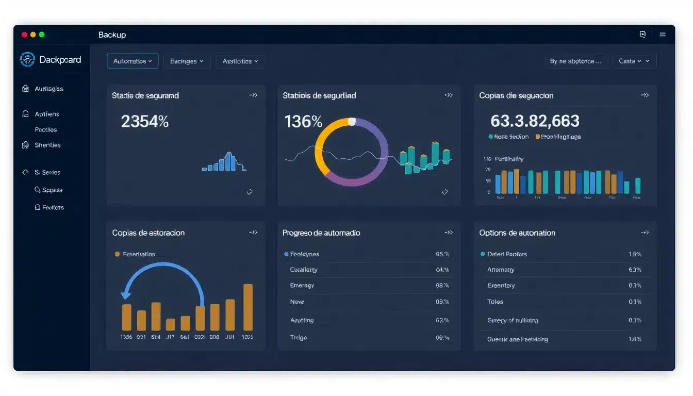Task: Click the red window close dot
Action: (24, 35)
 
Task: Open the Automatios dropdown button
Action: (133, 61)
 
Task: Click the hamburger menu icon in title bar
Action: (663, 35)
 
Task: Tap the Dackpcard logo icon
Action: (27, 59)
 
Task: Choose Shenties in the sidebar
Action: (47, 145)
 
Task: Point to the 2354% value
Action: (145, 122)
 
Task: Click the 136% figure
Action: (303, 122)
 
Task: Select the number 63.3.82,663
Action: (535, 121)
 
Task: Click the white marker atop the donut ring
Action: (352, 122)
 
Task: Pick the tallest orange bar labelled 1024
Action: (248, 307)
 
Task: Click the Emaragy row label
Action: (302, 285)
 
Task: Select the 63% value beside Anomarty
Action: (635, 270)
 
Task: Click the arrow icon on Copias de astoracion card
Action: (253, 233)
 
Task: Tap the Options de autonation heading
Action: (517, 233)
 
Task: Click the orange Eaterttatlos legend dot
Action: (118, 254)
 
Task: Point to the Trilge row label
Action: (298, 337)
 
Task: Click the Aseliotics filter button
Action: (240, 61)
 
